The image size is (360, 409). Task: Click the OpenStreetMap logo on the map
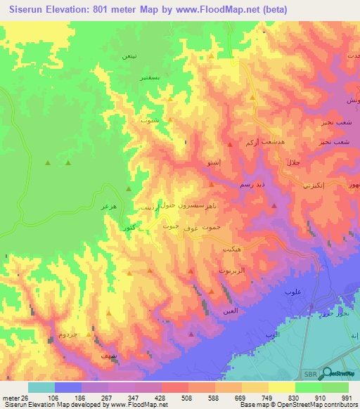tap(339, 374)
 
